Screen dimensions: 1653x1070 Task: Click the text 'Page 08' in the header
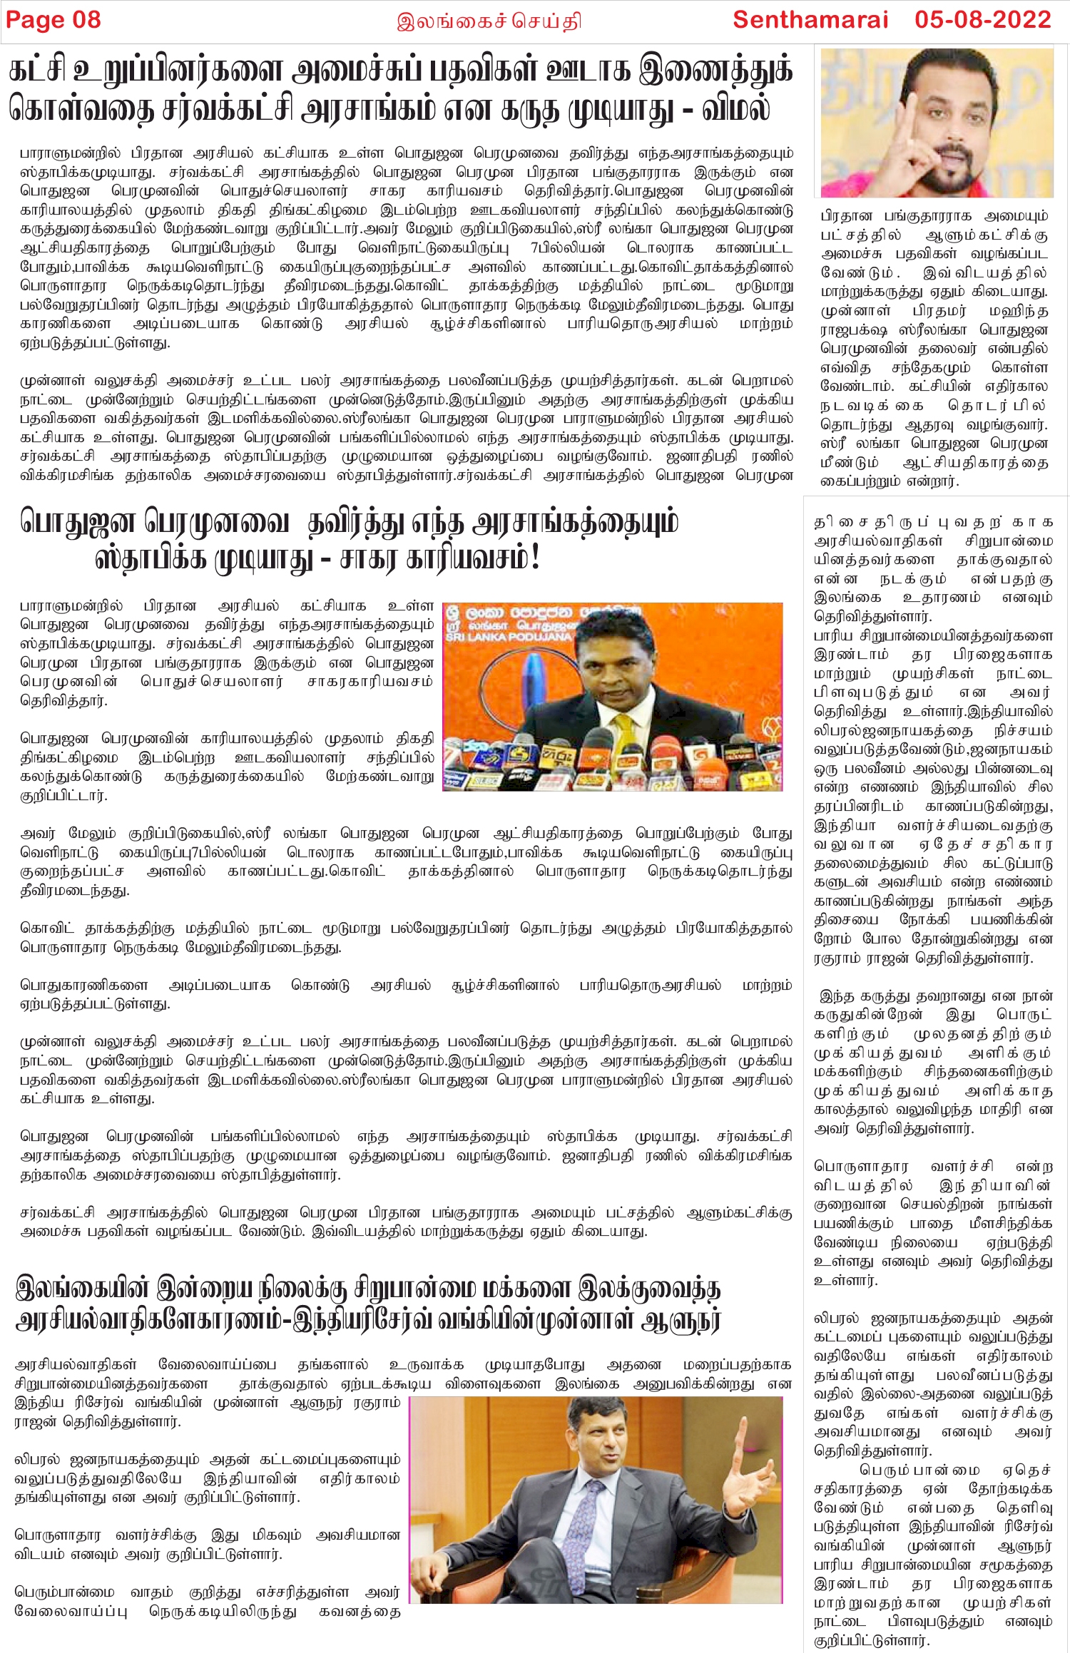click(53, 20)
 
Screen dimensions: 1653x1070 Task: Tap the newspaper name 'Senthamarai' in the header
click(810, 20)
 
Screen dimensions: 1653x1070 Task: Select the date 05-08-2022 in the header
click(983, 20)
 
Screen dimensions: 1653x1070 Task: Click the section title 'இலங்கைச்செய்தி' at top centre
click(489, 21)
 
